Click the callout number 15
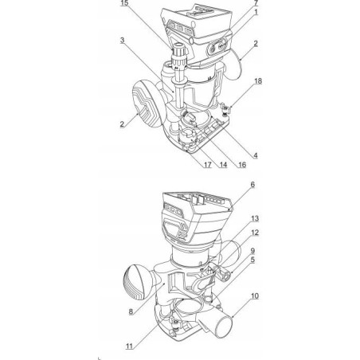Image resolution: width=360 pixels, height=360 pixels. coord(124,3)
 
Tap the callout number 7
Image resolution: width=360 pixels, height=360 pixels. coord(256,3)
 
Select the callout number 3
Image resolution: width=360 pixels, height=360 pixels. coord(122,41)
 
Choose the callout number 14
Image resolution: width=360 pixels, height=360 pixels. coord(223,165)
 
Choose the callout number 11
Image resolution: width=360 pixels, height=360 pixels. coord(129,346)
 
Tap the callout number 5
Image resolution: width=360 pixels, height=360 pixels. coord(252,260)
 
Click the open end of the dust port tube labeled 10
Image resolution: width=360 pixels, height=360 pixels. coord(224,327)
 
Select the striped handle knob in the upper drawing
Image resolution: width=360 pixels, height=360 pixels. coord(147,103)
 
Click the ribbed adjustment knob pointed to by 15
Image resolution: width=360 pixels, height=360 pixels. coord(179,56)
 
